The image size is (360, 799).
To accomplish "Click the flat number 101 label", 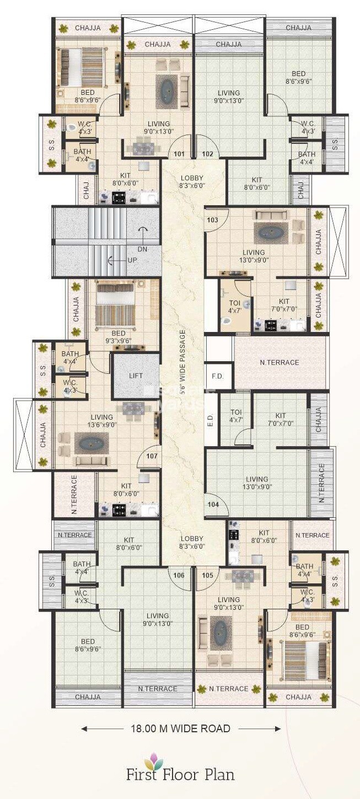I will coord(179,154).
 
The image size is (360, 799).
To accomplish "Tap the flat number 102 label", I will coord(207,154).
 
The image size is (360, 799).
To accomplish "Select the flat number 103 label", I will coord(213,220).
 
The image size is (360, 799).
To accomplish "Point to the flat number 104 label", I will coord(213,505).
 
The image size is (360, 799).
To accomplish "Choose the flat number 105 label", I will coord(207,575).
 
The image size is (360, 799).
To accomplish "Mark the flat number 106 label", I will coord(179,575).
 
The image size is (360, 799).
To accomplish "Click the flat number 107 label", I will coord(152,456).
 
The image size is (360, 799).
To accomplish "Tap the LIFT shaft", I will coord(136,376).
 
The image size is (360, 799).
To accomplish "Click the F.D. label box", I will coord(217,376).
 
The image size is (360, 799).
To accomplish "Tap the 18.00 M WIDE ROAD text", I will coord(181,728).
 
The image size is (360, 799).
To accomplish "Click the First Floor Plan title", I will coord(180,774).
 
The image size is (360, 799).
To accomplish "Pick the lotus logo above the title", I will coord(154,760).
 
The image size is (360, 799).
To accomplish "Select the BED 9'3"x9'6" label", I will coord(118,337).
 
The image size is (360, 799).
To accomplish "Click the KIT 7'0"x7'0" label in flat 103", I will coord(284,305).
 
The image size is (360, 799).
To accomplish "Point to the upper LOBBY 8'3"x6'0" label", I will coord(192,182).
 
